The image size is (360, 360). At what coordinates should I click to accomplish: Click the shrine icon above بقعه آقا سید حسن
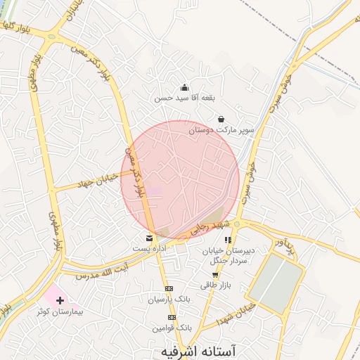pos(184,88)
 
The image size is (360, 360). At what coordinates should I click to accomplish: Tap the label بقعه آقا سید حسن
pos(184,98)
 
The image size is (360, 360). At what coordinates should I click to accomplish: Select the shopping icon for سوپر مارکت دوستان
pos(221,120)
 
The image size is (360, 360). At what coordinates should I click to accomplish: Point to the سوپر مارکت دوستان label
pos(219,130)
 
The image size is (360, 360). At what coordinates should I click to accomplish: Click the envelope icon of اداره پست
pos(148,238)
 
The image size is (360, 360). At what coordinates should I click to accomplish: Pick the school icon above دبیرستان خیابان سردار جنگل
pos(228,240)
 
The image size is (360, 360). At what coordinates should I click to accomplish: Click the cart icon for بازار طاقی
pos(215,275)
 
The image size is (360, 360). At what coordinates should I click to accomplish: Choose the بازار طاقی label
pos(215,285)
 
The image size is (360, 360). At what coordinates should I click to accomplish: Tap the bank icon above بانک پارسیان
pos(169,288)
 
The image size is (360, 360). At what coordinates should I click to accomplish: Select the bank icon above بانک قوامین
pos(172,317)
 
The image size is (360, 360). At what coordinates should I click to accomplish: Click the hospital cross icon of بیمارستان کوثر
pos(60,300)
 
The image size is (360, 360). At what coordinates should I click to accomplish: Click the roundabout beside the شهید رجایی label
pos(237,224)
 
